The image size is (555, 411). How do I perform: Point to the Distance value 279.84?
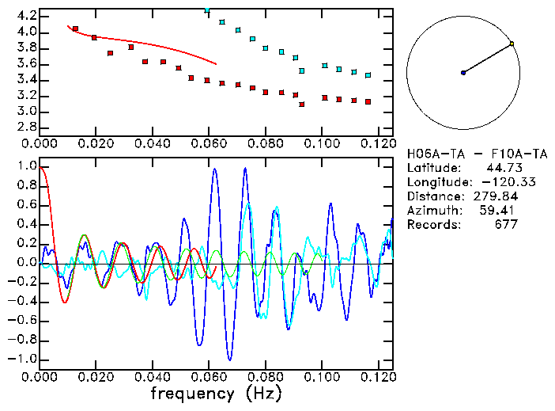(496, 196)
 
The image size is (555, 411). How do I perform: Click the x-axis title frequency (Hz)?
(217, 393)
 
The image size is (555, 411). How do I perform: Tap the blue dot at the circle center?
(463, 73)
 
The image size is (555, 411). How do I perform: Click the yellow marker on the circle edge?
(512, 44)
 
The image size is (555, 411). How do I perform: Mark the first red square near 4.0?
(75, 29)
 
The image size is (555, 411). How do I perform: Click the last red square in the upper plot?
(368, 102)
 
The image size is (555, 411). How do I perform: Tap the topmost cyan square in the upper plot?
(207, 10)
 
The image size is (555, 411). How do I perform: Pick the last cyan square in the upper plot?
(368, 75)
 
